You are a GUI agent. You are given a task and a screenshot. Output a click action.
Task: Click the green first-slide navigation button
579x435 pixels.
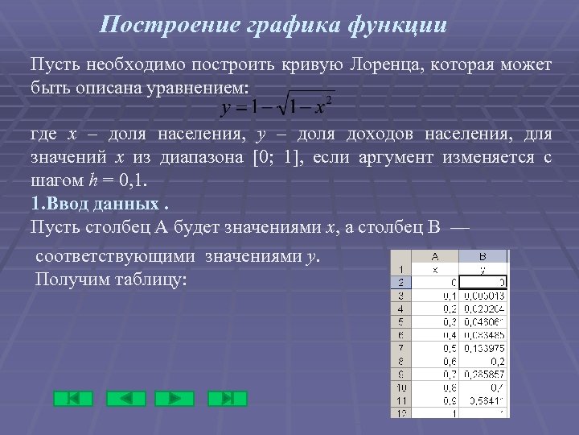[73, 398]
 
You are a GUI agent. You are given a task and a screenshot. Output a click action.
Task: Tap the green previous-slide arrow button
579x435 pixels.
[125, 398]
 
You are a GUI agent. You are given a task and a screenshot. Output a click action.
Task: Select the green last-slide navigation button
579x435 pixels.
[227, 398]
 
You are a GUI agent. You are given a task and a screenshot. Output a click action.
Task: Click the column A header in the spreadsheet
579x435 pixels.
[434, 256]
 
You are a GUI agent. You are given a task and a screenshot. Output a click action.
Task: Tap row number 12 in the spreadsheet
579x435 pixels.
[400, 412]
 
